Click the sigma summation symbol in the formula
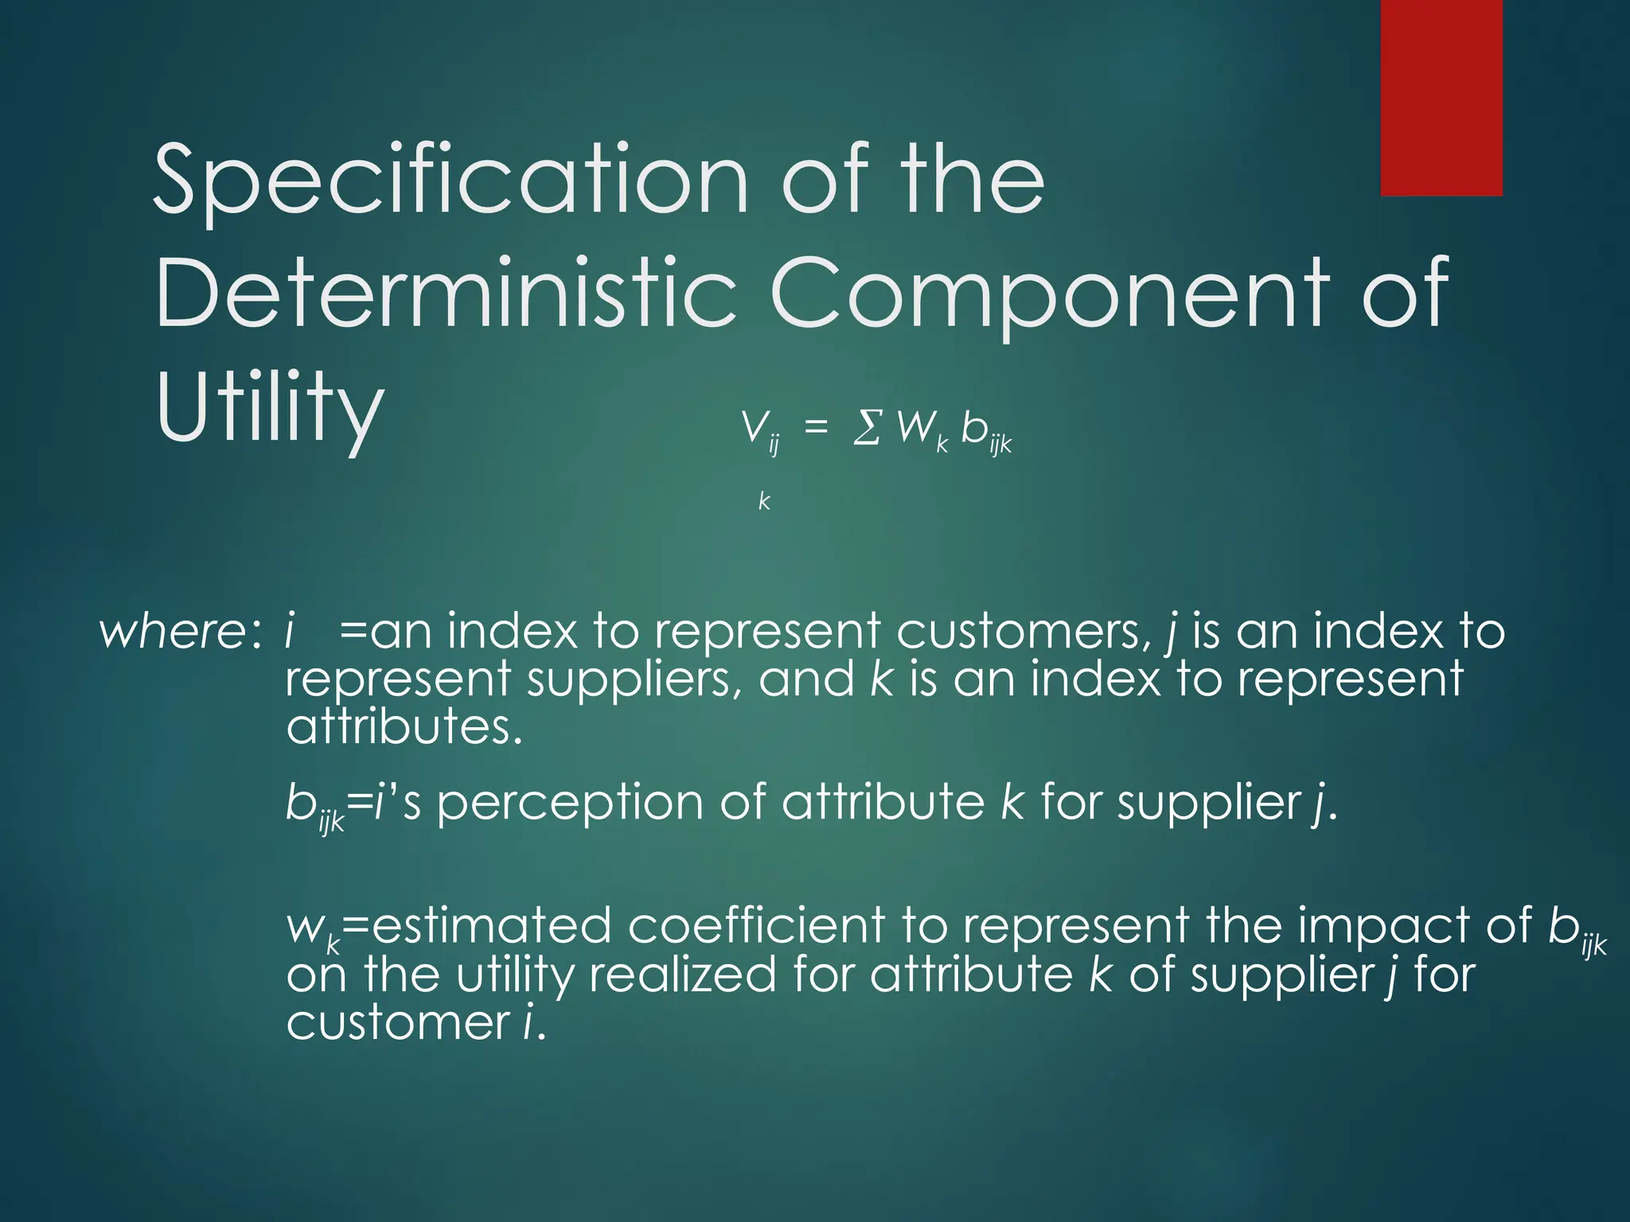[x=867, y=430]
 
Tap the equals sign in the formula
[x=816, y=429]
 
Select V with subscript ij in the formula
[x=760, y=431]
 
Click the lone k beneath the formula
[x=764, y=501]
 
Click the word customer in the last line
[x=398, y=1022]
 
